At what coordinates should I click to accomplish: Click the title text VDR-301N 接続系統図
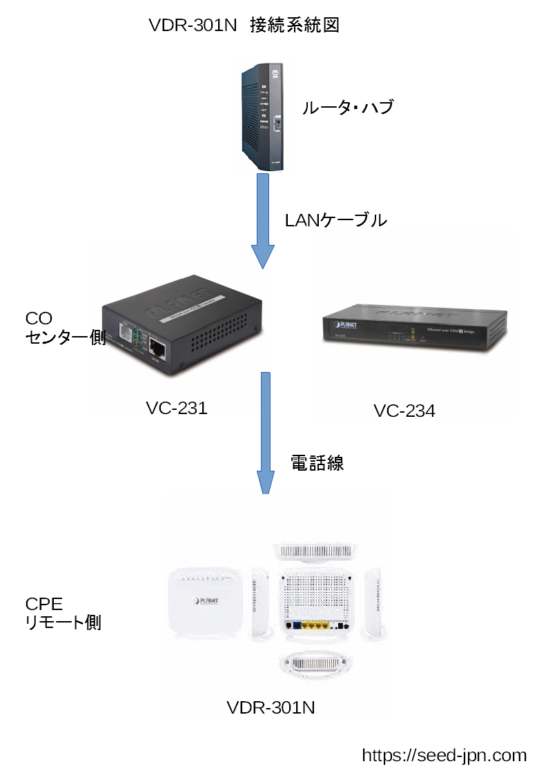[244, 26]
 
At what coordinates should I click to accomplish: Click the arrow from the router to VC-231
[262, 221]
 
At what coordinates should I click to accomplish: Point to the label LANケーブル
[336, 220]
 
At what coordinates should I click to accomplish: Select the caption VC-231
[177, 408]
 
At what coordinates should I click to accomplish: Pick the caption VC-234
[404, 411]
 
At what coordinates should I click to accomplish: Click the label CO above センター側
[39, 318]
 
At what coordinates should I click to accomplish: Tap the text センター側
[65, 337]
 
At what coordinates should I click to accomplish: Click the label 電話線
[317, 464]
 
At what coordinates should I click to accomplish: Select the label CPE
[44, 604]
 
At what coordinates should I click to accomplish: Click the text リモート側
[63, 622]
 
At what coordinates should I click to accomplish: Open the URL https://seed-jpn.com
[444, 755]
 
